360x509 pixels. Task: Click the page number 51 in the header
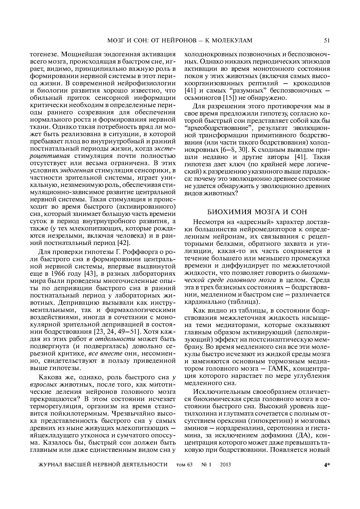(x=327, y=41)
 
